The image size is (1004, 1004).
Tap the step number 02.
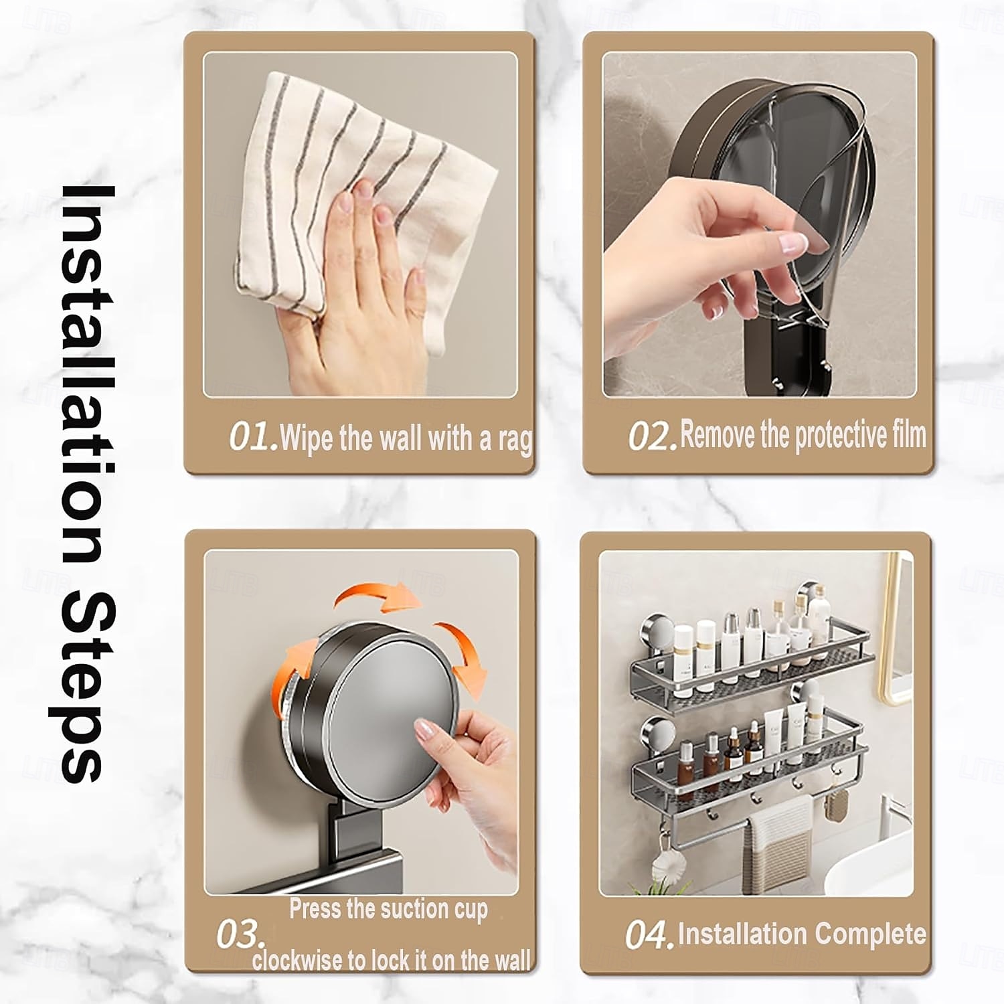pyautogui.click(x=652, y=436)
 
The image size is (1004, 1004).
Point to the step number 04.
pyautogui.click(x=648, y=934)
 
